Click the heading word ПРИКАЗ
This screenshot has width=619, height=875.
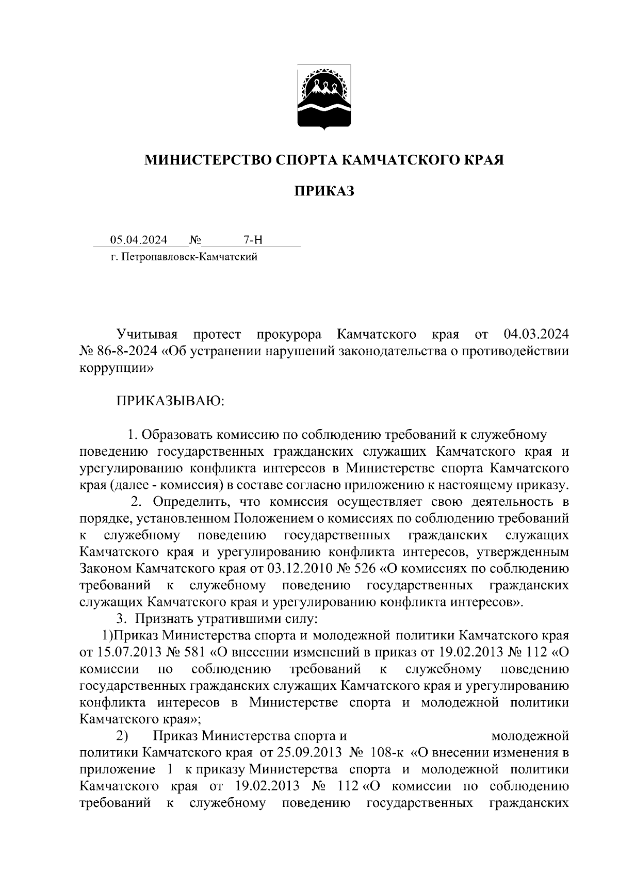coord(324,192)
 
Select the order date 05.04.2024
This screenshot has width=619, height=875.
coord(138,240)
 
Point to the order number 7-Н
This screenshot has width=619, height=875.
coord(253,240)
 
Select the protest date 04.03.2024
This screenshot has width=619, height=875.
coord(536,335)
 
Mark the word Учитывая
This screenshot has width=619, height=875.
coord(147,335)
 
